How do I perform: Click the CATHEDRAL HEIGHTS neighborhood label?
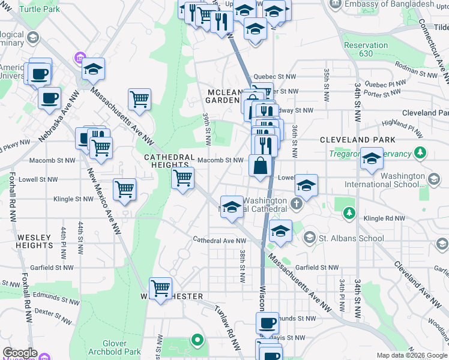169,161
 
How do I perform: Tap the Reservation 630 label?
366,49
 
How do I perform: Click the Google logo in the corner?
20,353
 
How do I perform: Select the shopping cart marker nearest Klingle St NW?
124,190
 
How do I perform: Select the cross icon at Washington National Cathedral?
297,205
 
